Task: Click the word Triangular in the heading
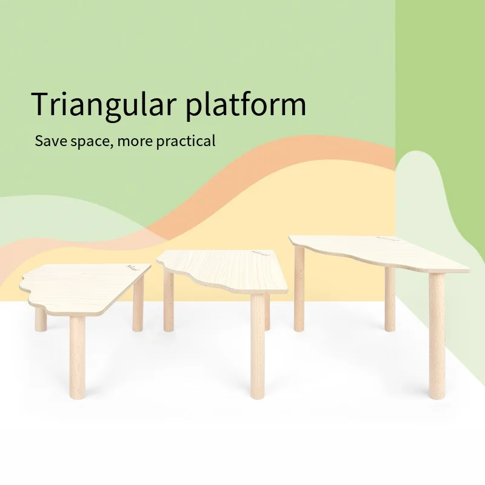[x=104, y=104]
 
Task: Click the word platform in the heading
[x=246, y=104]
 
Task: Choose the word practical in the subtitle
[x=186, y=141]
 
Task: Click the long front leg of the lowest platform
[x=78, y=357]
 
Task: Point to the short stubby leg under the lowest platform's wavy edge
[x=41, y=319]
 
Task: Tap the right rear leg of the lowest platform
[x=138, y=303]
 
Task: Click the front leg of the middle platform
[x=257, y=346]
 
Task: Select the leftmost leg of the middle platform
[x=169, y=301]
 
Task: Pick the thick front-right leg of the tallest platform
[x=436, y=336]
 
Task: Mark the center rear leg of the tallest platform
[x=390, y=299]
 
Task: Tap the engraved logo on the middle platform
[x=261, y=253]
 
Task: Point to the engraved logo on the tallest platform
[x=386, y=238]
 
